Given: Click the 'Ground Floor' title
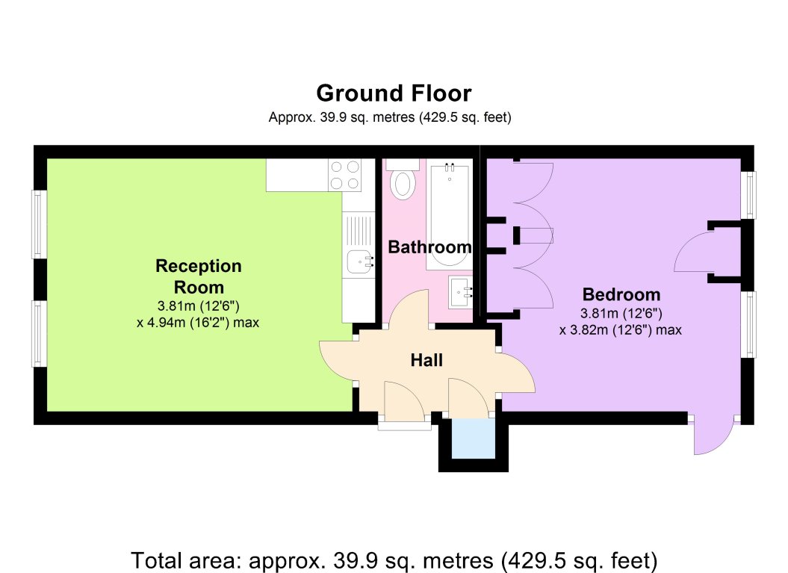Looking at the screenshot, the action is click(x=394, y=93).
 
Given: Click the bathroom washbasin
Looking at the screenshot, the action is click(x=460, y=292).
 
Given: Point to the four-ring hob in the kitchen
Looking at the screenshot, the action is click(x=345, y=175).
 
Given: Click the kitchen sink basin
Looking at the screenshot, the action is click(x=359, y=262).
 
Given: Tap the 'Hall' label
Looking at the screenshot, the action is click(x=426, y=360).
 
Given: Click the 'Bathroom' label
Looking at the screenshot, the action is click(x=429, y=247).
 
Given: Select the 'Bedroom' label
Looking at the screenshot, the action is click(x=621, y=294).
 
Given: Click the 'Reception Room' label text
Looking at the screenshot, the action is click(x=199, y=276).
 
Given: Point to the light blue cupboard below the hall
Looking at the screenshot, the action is click(x=473, y=439).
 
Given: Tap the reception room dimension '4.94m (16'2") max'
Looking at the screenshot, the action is click(x=198, y=323).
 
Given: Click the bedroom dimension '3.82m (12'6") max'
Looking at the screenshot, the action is click(x=621, y=330).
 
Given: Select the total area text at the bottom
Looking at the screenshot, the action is click(x=394, y=560).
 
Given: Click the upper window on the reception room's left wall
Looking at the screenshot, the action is click(x=40, y=224).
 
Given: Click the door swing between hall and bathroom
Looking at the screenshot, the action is click(x=408, y=309).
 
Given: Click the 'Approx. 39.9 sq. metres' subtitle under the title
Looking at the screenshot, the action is click(x=390, y=117).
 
